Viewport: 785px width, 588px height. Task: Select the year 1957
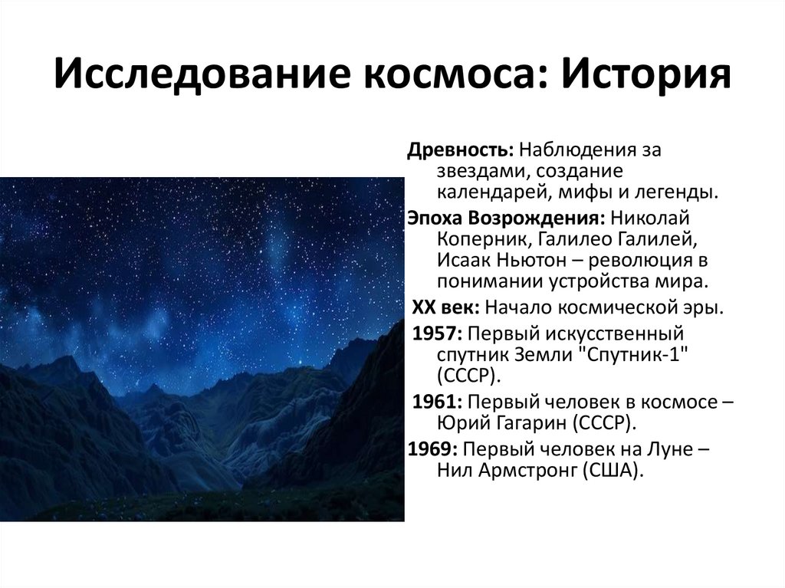click(437, 334)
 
